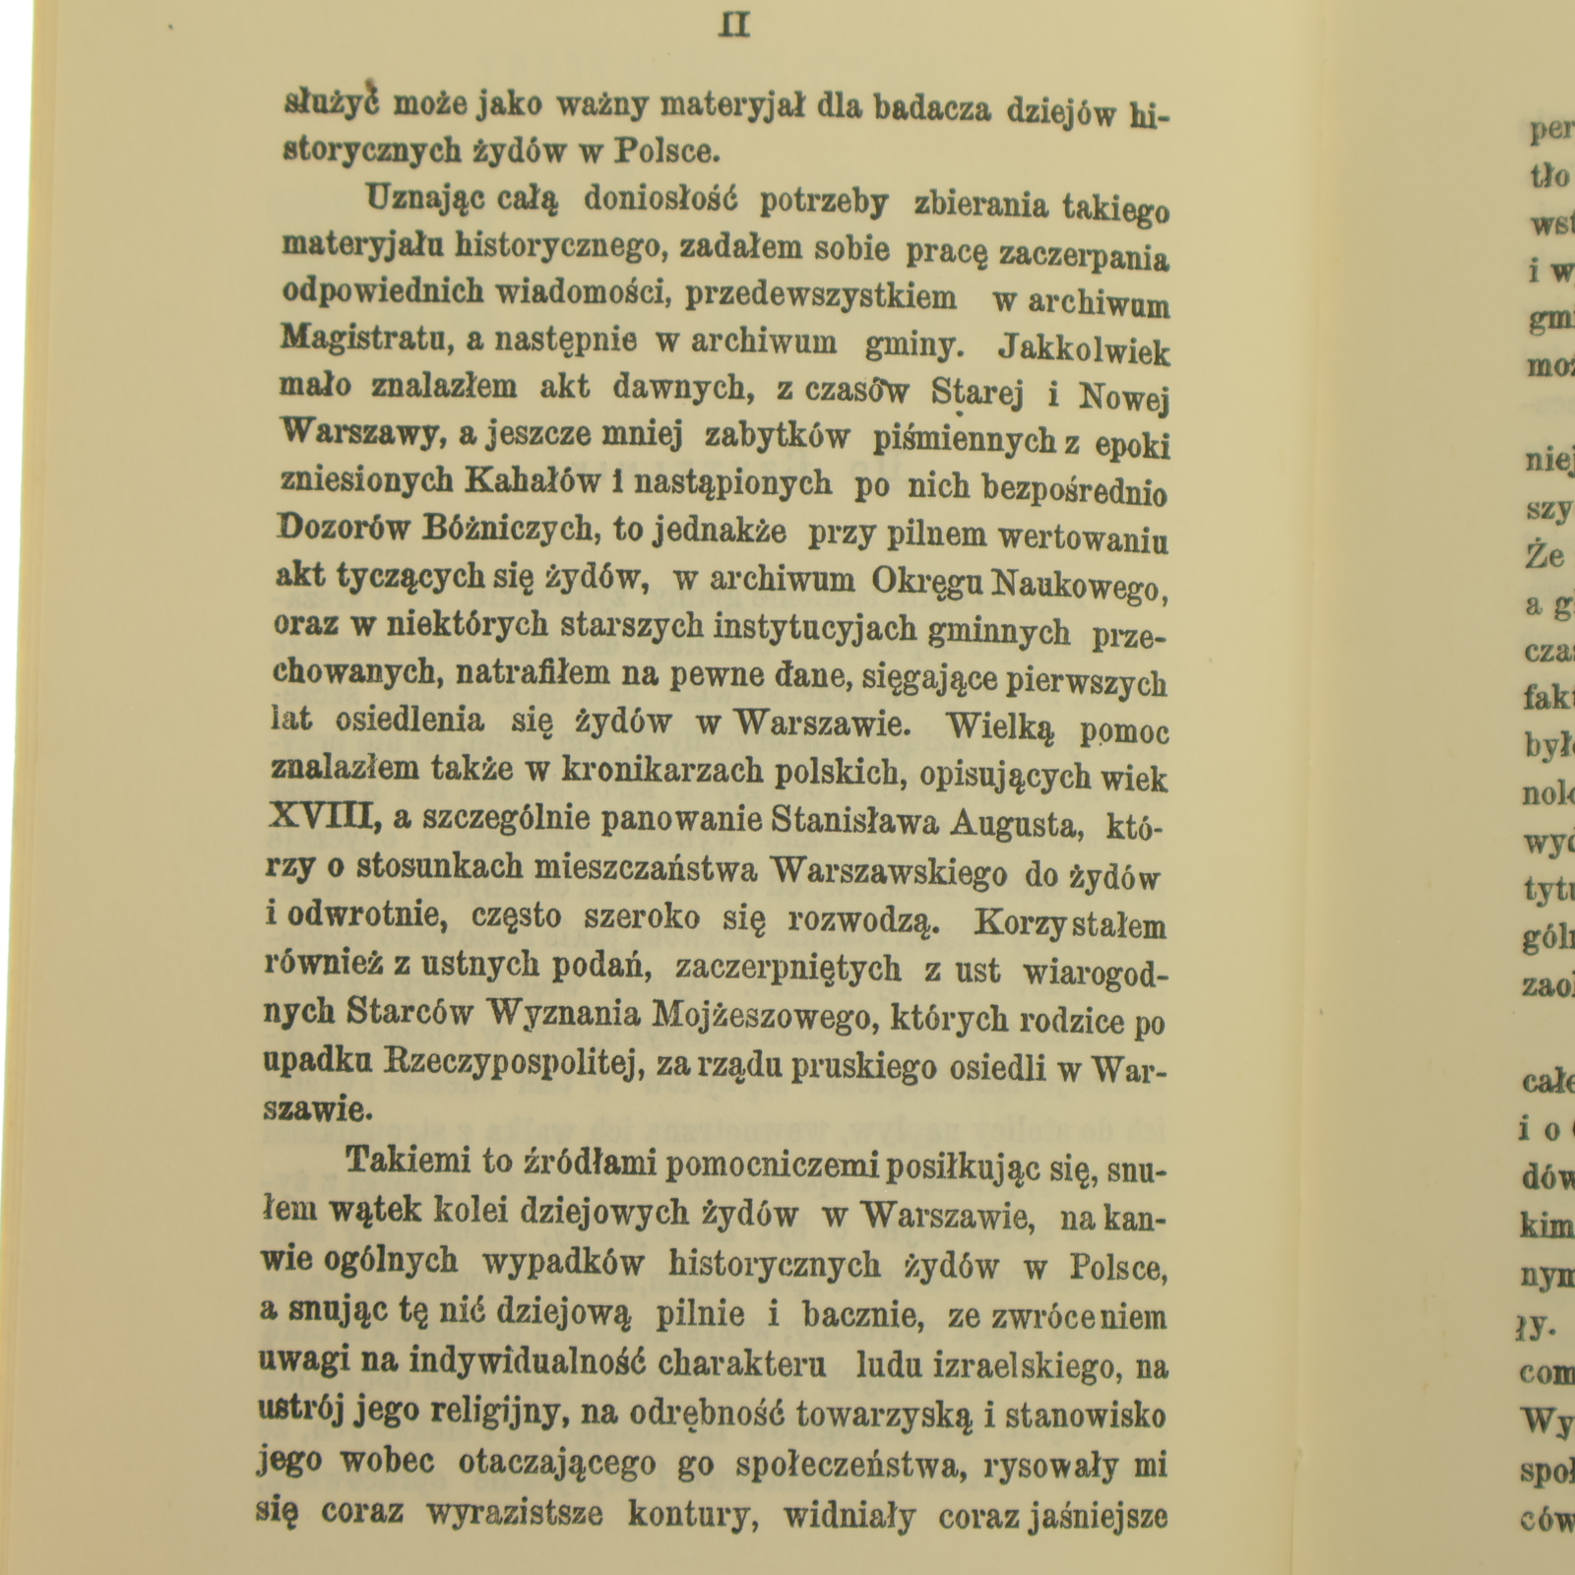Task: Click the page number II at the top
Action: click(735, 26)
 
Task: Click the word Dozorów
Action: click(338, 530)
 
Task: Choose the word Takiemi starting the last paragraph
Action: click(402, 1161)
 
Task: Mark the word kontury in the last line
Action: click(691, 1514)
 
